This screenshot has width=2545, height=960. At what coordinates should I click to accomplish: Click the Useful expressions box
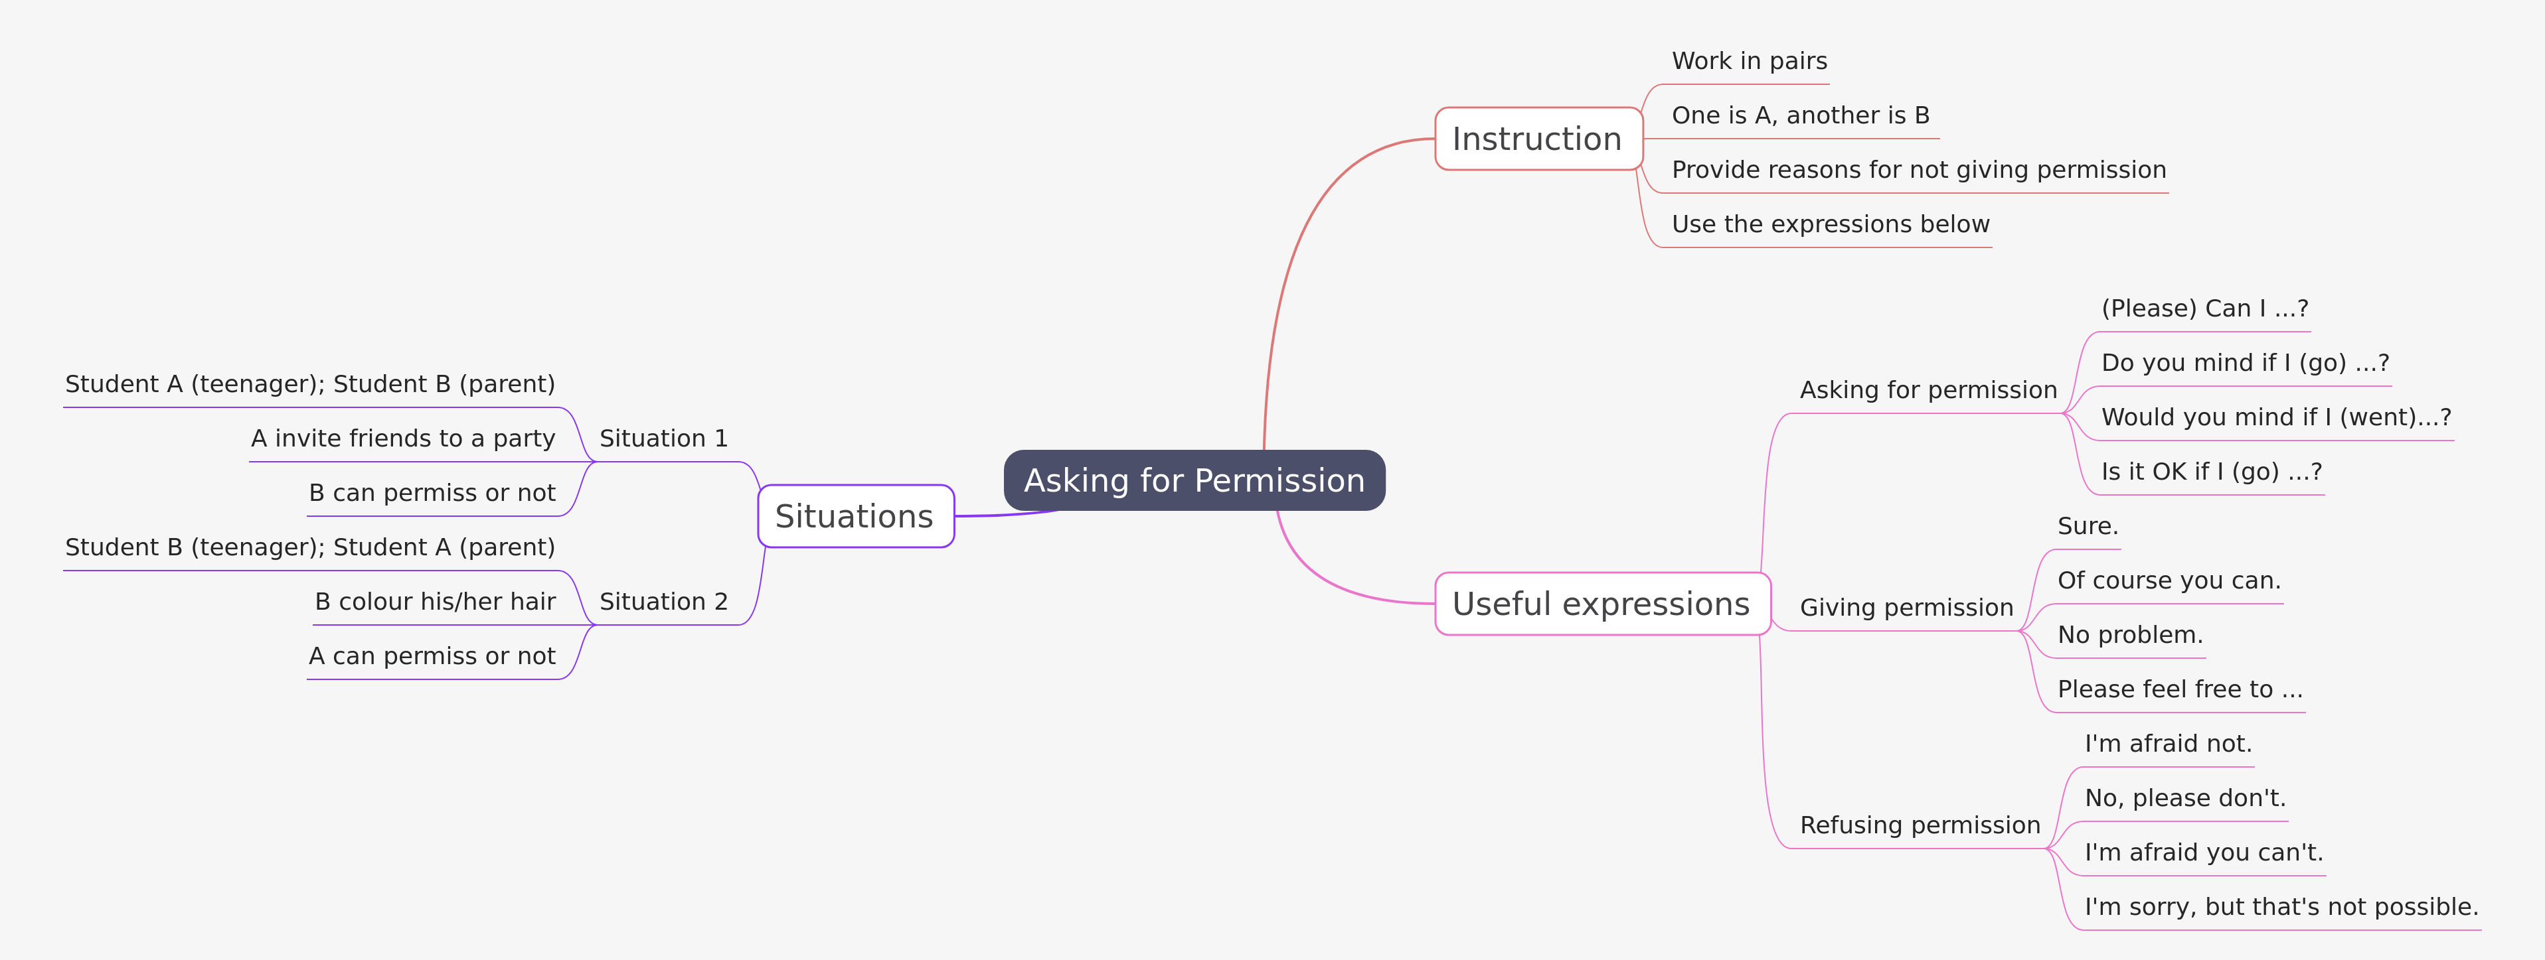point(1601,604)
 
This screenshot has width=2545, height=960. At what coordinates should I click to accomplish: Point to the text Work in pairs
point(1749,61)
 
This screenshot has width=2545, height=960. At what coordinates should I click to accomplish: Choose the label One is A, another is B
point(1800,115)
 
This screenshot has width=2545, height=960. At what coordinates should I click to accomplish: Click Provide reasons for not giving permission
point(1918,170)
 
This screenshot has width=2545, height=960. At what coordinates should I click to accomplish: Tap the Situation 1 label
point(663,439)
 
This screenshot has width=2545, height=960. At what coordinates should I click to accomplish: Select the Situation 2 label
point(663,602)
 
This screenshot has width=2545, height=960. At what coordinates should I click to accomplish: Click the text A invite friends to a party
point(402,439)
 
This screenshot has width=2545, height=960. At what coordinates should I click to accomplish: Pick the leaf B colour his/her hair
point(435,602)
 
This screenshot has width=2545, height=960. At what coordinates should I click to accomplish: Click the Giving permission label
point(1906,608)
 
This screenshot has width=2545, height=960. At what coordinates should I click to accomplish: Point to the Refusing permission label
point(1919,825)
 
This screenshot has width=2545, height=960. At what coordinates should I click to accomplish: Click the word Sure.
point(2087,526)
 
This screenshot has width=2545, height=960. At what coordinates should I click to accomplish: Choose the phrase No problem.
point(2129,635)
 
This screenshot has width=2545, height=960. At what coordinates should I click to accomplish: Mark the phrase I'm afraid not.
point(2168,744)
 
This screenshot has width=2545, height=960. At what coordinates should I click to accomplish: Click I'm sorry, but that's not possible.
point(2280,907)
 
